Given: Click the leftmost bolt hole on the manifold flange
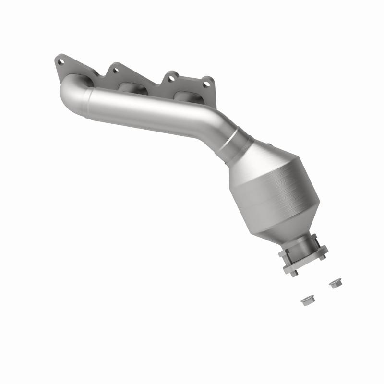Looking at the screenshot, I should coord(60,62).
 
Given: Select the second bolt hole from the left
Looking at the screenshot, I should coord(115,70).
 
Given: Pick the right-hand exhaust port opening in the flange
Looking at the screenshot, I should coord(184,96).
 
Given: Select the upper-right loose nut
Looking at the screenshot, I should coord(334,284).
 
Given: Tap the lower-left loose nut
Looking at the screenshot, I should coord(305,301).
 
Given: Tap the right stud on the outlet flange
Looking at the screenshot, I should coord(323,256).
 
